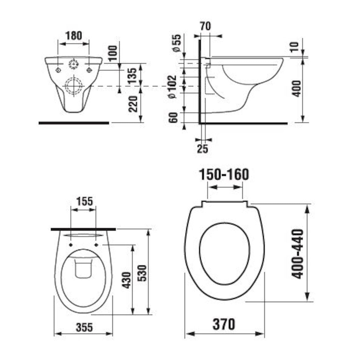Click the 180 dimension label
73,36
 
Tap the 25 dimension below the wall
203,148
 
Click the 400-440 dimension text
298,253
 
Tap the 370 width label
224,324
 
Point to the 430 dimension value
127,280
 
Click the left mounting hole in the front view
58,70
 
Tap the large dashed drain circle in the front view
73,86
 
